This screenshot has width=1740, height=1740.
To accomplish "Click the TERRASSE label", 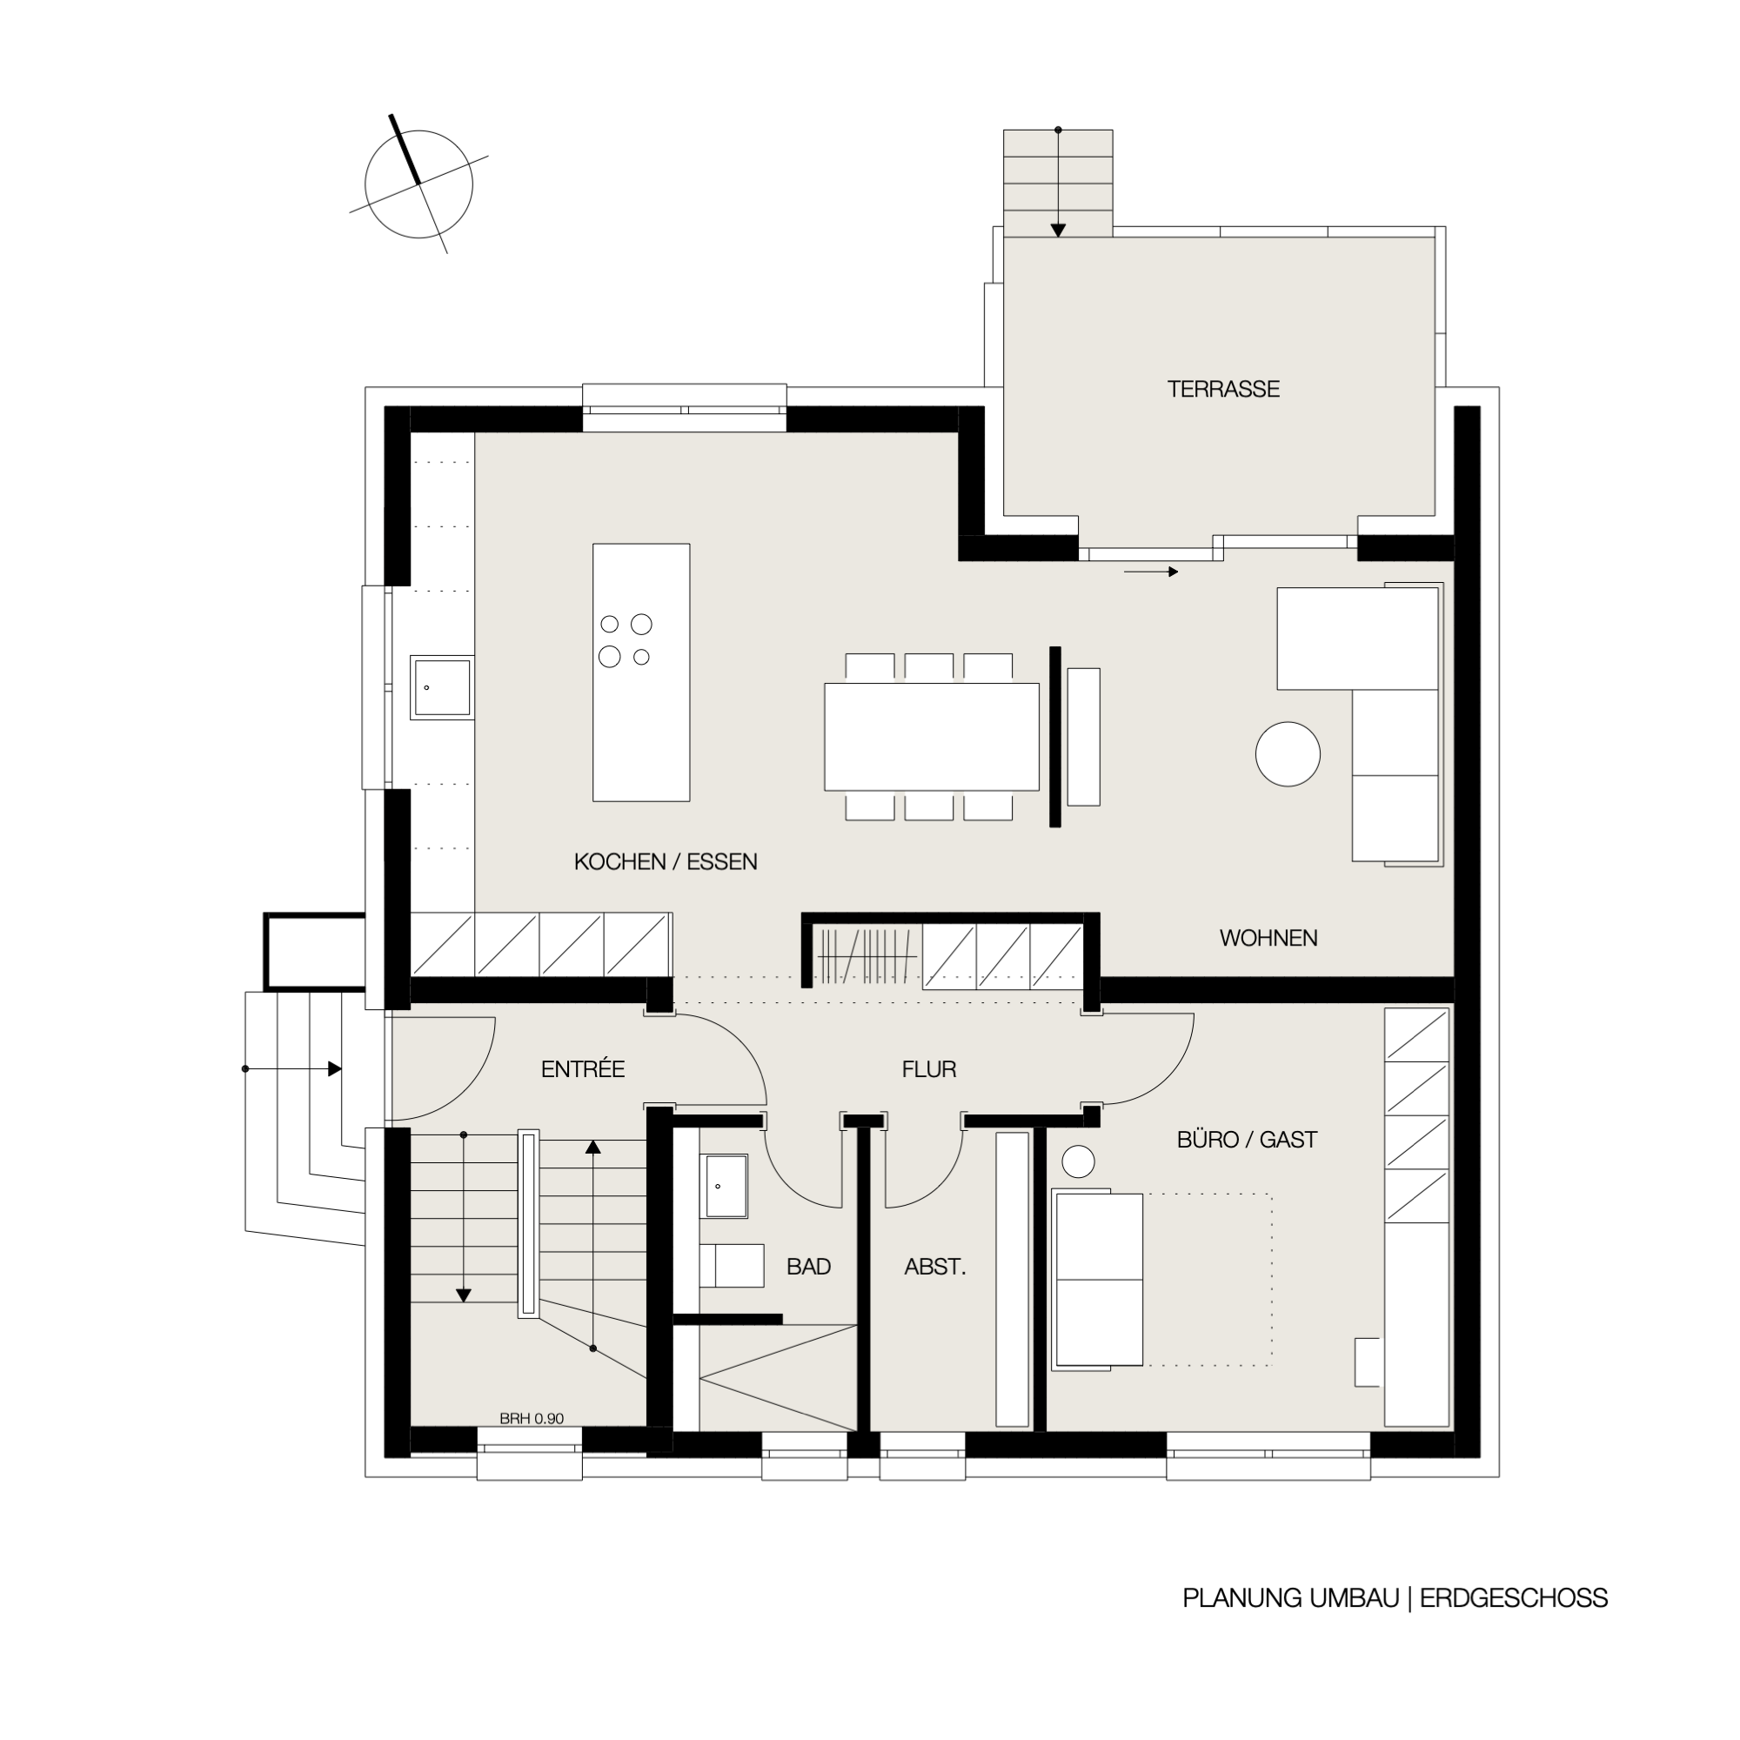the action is [1223, 389].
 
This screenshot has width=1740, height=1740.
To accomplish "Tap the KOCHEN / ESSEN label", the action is [666, 862].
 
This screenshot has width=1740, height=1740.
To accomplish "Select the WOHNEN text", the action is [1268, 938].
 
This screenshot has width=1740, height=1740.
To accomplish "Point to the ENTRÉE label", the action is [583, 1068].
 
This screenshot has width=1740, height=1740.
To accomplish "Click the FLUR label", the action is [928, 1069].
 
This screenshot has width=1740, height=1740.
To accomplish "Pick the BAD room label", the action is [808, 1266].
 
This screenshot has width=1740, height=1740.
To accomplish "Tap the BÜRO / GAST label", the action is [1247, 1140].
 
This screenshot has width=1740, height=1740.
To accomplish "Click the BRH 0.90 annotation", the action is [532, 1418].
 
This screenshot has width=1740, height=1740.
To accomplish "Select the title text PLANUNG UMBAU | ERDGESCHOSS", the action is [1395, 1597].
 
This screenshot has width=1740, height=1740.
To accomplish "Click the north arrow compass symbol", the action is [418, 184].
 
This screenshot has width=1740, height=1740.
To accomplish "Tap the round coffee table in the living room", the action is [1288, 753].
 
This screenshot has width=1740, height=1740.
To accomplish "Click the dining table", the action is [931, 737].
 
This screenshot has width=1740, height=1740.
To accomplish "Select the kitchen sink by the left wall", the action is [442, 687].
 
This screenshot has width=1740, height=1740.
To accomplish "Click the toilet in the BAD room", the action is [732, 1265].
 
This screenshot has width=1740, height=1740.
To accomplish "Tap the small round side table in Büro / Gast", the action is [1078, 1161].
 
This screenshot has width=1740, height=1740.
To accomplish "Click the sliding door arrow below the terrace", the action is [1151, 571].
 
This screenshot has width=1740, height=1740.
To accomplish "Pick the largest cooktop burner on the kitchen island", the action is [610, 657].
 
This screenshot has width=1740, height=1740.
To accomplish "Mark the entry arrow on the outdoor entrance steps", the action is [293, 1069].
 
